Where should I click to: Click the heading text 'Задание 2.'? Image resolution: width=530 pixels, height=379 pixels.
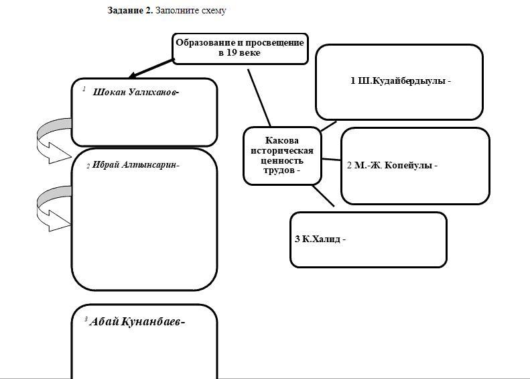click(x=130, y=11)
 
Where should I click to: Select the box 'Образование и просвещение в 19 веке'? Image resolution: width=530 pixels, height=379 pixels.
click(x=240, y=48)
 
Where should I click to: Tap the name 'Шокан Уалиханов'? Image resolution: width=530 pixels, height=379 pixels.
click(x=135, y=93)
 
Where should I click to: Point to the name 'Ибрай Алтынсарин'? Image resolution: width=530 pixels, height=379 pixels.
click(x=136, y=164)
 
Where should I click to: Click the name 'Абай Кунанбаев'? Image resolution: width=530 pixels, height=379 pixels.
click(x=137, y=321)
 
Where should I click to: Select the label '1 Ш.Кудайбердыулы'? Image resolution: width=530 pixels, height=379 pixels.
click(x=400, y=81)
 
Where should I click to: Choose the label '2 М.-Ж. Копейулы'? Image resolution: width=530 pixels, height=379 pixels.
click(x=392, y=165)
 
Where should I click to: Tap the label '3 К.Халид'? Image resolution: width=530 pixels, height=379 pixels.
click(x=320, y=239)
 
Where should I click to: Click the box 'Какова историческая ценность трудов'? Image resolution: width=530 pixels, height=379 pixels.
click(x=282, y=156)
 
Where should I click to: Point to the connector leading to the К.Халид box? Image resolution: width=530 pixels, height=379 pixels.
click(x=324, y=196)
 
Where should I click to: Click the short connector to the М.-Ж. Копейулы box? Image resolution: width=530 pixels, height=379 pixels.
click(x=331, y=160)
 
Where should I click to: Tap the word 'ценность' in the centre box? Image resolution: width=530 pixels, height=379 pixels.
click(x=282, y=160)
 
